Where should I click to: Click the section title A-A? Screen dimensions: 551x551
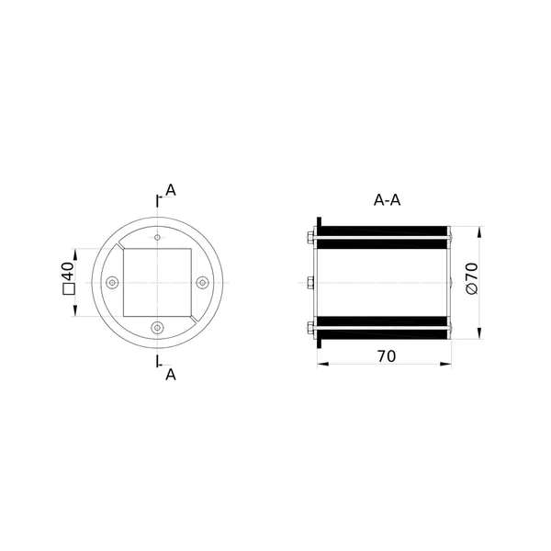click(x=387, y=200)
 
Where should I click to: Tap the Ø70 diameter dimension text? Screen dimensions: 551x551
click(x=472, y=278)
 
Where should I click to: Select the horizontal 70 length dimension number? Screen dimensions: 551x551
click(x=387, y=356)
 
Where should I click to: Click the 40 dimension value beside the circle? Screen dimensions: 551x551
click(x=68, y=271)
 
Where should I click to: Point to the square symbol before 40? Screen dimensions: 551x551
click(x=69, y=288)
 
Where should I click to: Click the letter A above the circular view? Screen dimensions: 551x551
click(x=171, y=190)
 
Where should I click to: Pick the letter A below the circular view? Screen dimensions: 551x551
click(x=171, y=375)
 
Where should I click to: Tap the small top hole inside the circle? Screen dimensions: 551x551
click(x=157, y=238)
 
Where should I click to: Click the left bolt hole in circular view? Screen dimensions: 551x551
click(x=112, y=283)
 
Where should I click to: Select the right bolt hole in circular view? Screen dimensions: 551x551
click(x=202, y=283)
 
